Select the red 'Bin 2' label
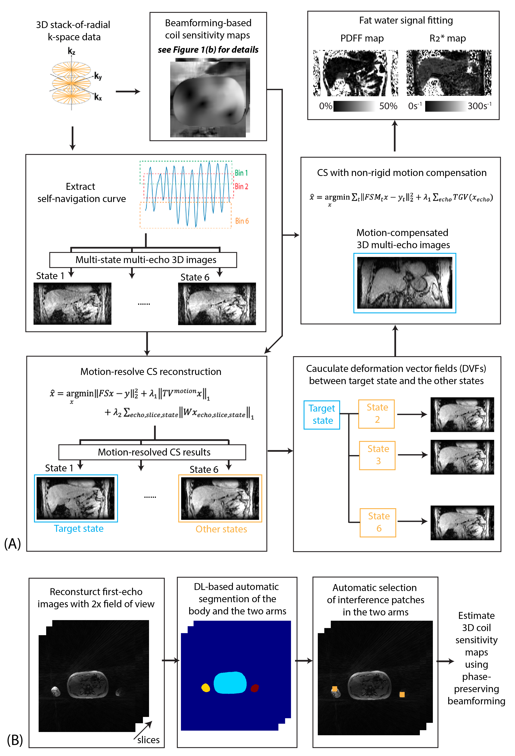coord(241,186)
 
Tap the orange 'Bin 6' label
coord(242,221)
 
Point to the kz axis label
coord(71,51)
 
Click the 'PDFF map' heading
coord(362,38)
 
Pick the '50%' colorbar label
coord(388,106)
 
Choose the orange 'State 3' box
coord(377,455)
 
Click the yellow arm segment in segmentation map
coord(206,687)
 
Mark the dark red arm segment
coord(255,688)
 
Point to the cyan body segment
coord(230,683)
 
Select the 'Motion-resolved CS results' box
coord(152,452)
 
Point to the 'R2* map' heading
coord(447,38)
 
